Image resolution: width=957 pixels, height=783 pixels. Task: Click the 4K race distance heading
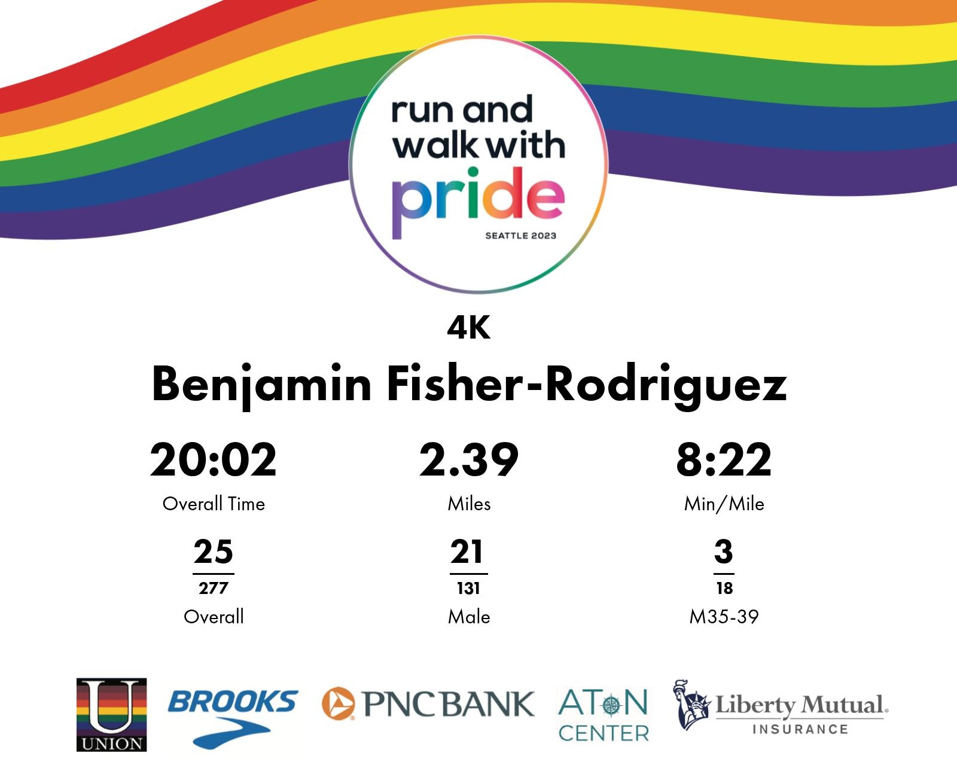469,328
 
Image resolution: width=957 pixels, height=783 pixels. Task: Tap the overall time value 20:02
214,460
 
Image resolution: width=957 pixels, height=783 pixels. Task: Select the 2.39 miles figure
469,460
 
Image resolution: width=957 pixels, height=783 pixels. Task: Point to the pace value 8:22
724,460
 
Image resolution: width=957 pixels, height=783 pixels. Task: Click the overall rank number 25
214,552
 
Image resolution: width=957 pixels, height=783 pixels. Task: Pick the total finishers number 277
214,588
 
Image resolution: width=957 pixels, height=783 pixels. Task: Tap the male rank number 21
467,552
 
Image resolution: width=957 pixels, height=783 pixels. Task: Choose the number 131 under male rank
468,588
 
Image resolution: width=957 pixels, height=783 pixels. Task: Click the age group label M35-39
724,617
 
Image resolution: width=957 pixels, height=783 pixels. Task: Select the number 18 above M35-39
724,588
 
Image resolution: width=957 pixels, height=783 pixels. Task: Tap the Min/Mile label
724,504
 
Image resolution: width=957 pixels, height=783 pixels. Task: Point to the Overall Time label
214,504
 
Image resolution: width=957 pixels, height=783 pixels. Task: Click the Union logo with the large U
112,714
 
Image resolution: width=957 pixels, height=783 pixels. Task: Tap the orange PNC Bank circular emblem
338,703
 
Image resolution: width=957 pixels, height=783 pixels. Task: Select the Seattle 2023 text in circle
520,236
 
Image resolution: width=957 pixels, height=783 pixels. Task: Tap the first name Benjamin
262,385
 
